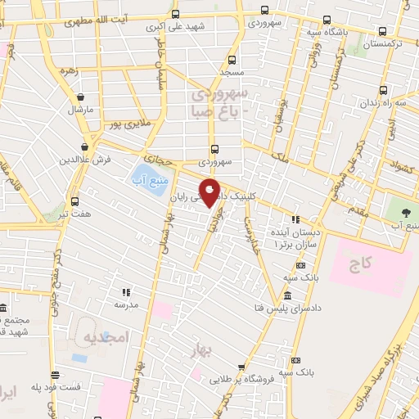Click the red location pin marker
(x=210, y=191)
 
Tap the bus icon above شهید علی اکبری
(x=176, y=14)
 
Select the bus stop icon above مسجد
(x=232, y=59)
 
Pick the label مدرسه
(x=127, y=304)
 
